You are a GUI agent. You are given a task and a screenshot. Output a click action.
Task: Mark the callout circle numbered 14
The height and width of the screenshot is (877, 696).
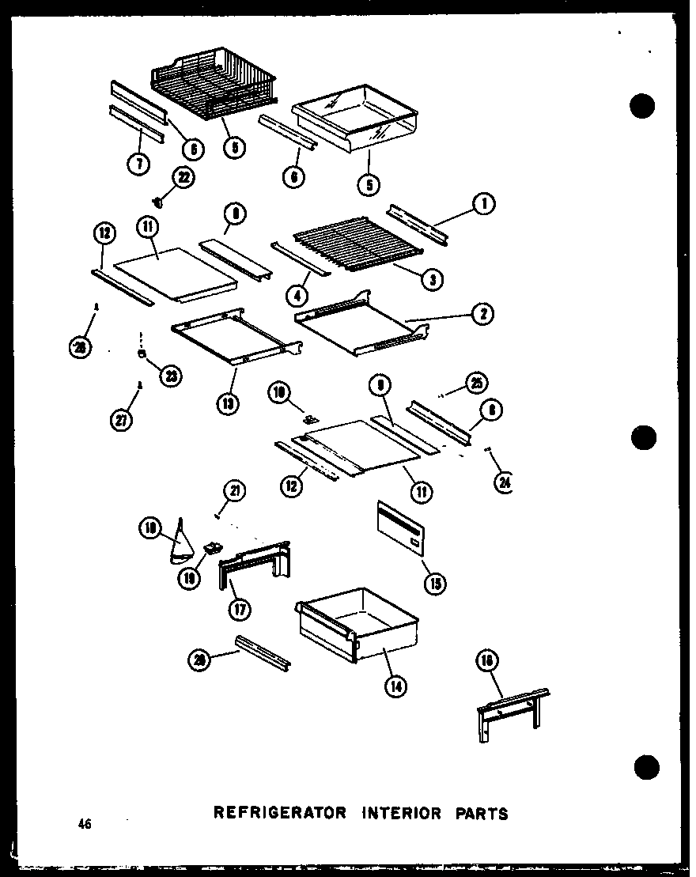pyautogui.click(x=395, y=686)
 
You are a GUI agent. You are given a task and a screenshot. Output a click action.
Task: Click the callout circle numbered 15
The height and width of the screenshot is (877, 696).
pyautogui.click(x=434, y=584)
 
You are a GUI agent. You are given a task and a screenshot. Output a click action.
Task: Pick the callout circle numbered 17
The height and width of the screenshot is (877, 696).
pyautogui.click(x=237, y=610)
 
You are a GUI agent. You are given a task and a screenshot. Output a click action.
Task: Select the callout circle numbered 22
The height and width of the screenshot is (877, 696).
pyautogui.click(x=183, y=178)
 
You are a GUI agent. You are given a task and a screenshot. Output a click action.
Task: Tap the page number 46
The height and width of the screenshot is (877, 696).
pyautogui.click(x=85, y=825)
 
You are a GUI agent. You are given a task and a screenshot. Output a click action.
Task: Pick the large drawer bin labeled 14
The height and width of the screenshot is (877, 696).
pyautogui.click(x=356, y=625)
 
